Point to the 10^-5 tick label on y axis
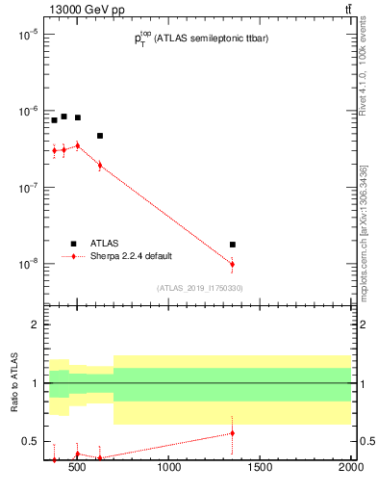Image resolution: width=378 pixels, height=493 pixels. pos(28,35)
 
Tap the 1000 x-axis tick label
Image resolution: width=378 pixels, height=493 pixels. pos(169,470)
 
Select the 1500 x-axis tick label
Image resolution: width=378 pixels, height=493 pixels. pos(260,470)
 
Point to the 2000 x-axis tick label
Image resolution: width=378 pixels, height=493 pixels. pos(350,470)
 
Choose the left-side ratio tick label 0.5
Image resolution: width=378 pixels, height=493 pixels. pos(31,441)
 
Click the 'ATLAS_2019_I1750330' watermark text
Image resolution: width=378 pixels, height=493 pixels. pos(199,288)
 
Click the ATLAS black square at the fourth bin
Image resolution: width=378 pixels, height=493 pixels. pos(100,136)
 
